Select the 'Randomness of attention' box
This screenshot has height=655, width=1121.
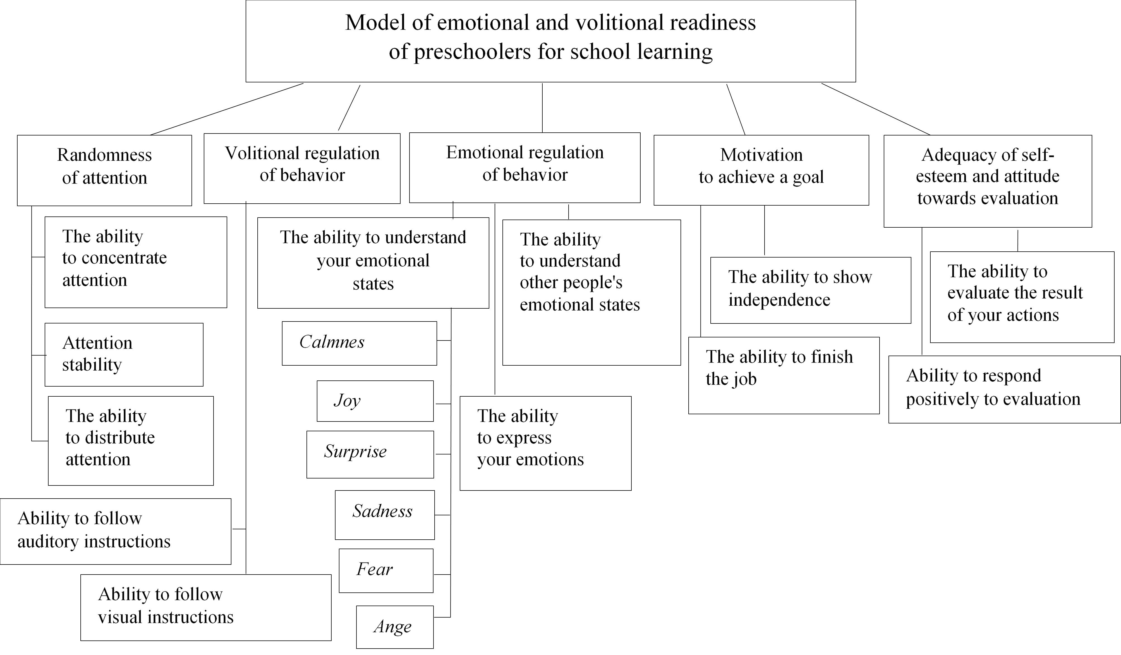105,170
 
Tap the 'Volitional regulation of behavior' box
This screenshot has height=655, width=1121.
302,168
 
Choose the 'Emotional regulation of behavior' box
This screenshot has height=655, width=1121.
525,167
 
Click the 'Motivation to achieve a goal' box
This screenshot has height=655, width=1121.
761,170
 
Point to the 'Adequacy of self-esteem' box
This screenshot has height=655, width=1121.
988,181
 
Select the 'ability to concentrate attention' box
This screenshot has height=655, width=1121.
136,262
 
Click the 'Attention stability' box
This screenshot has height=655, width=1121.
124,354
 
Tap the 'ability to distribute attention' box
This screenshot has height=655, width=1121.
131,440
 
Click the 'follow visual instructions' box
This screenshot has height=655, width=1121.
205,607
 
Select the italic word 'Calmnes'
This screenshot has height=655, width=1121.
332,342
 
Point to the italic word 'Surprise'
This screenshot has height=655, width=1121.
355,451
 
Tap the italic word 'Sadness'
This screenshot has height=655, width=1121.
383,511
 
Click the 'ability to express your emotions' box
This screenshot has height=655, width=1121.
545,443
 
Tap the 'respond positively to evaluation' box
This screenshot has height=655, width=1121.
1004,389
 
